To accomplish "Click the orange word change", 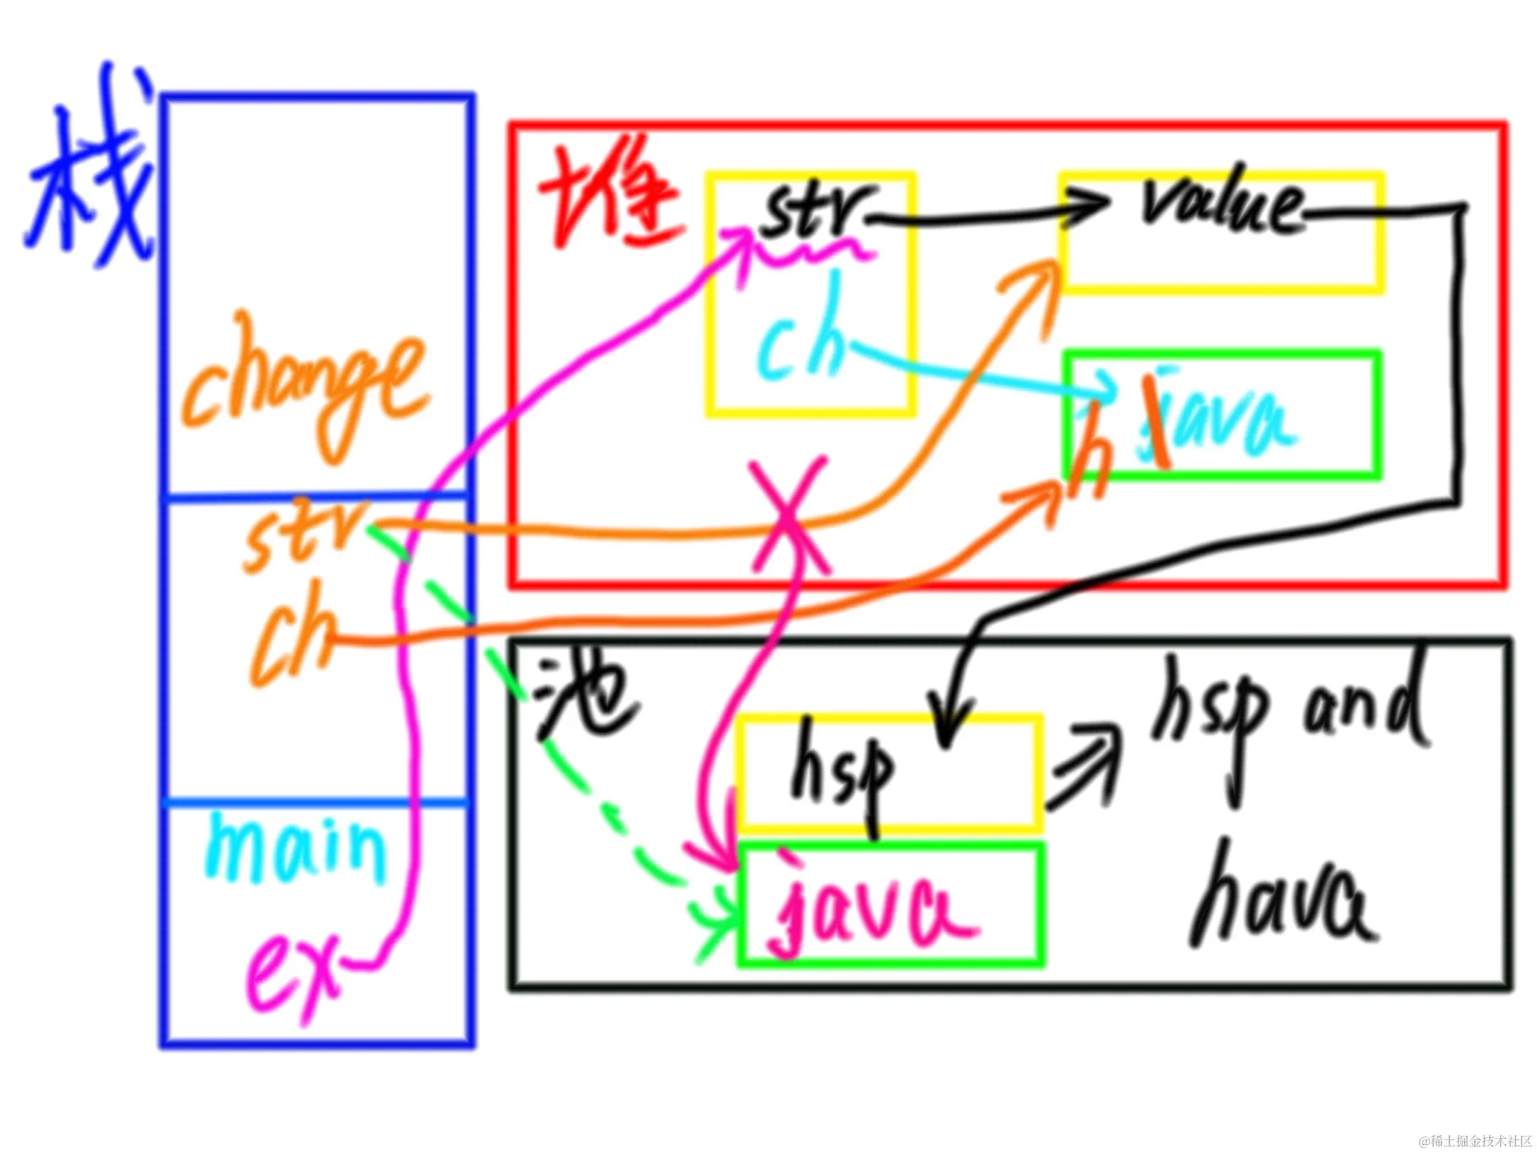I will (302, 384).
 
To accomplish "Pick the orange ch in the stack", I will (292, 633).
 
